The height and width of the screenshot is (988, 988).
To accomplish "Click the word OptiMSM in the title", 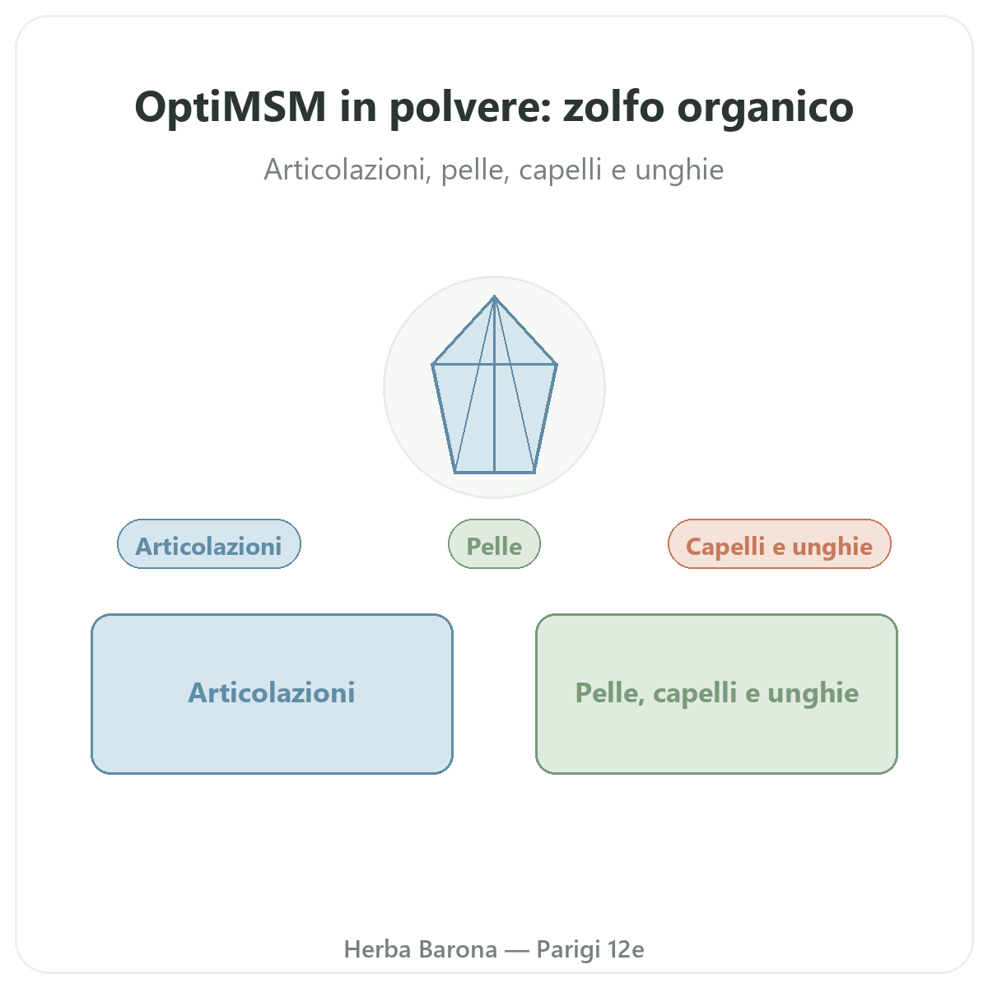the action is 231,107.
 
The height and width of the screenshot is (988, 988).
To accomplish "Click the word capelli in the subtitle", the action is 560,170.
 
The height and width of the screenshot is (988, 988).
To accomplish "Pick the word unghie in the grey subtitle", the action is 679,170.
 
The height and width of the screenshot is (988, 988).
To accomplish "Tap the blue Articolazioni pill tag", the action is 208,543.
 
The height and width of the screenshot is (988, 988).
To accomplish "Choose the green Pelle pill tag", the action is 494,543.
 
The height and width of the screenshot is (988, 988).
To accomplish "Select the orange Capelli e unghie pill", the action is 779,543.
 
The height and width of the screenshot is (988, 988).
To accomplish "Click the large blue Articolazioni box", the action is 272,693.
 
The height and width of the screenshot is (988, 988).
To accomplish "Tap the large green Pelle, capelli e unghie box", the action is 716,693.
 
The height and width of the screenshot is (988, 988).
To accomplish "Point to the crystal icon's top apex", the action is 494,296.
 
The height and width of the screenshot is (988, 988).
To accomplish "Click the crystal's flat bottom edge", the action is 494,472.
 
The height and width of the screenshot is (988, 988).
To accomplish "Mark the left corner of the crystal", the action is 433,365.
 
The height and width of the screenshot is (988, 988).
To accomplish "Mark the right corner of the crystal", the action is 557,365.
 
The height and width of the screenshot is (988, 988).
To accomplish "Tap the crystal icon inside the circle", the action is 494,384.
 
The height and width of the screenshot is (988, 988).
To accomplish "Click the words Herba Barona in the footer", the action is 421,949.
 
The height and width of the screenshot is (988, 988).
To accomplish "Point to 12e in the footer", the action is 626,949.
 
